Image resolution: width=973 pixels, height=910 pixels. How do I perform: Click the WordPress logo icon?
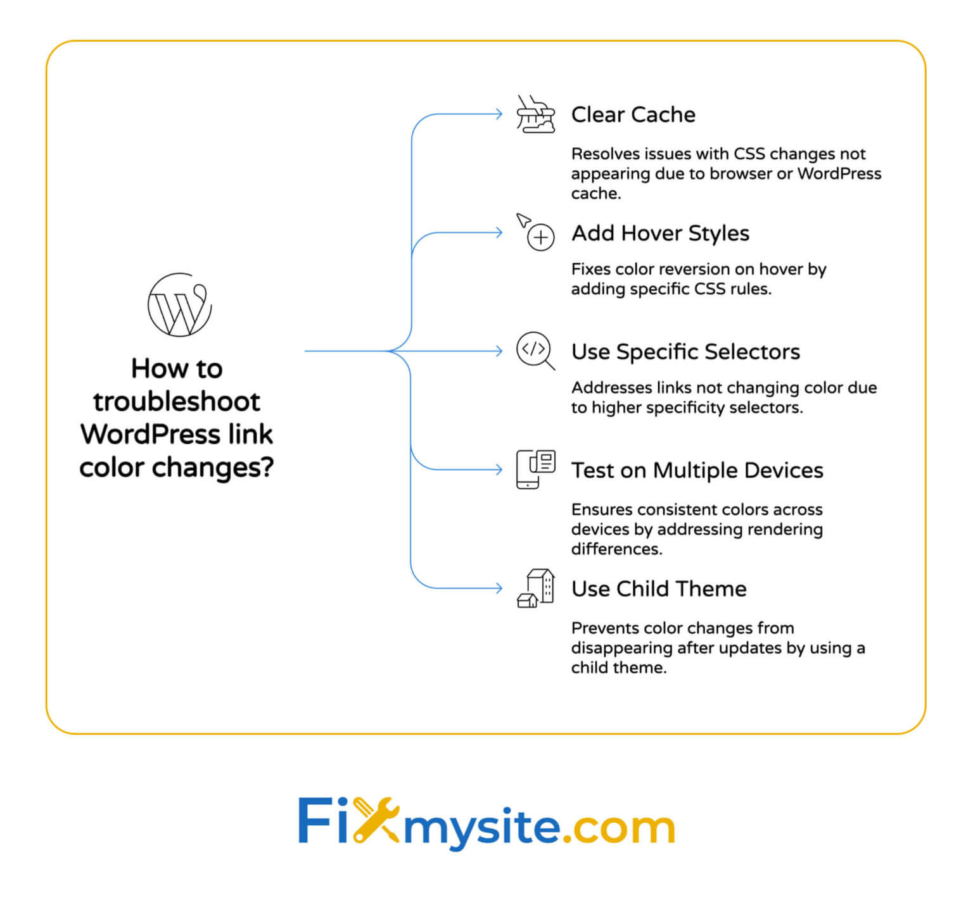179,305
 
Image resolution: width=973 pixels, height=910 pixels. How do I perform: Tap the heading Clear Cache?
633,115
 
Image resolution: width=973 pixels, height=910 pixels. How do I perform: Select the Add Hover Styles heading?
660,234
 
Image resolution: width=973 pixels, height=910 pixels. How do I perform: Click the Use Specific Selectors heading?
685,352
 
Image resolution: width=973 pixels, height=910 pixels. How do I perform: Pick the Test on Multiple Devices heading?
697,470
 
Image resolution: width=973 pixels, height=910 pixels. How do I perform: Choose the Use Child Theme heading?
659,589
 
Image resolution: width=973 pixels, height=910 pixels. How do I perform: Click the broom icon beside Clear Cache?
535,115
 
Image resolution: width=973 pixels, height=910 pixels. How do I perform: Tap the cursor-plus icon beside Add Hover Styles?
536,232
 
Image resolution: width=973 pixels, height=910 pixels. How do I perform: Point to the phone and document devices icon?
536,469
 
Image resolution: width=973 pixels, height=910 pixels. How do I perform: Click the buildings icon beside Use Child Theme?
536,588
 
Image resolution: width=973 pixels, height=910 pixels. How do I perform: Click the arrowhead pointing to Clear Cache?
499,115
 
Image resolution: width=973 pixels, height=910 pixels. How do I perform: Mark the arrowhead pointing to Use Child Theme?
499,589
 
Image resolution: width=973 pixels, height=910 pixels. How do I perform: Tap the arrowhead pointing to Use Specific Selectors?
499,351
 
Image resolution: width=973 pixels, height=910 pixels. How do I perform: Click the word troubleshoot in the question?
177,402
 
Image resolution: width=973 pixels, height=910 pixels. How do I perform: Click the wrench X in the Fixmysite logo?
376,821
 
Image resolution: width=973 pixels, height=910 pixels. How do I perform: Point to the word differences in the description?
616,549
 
